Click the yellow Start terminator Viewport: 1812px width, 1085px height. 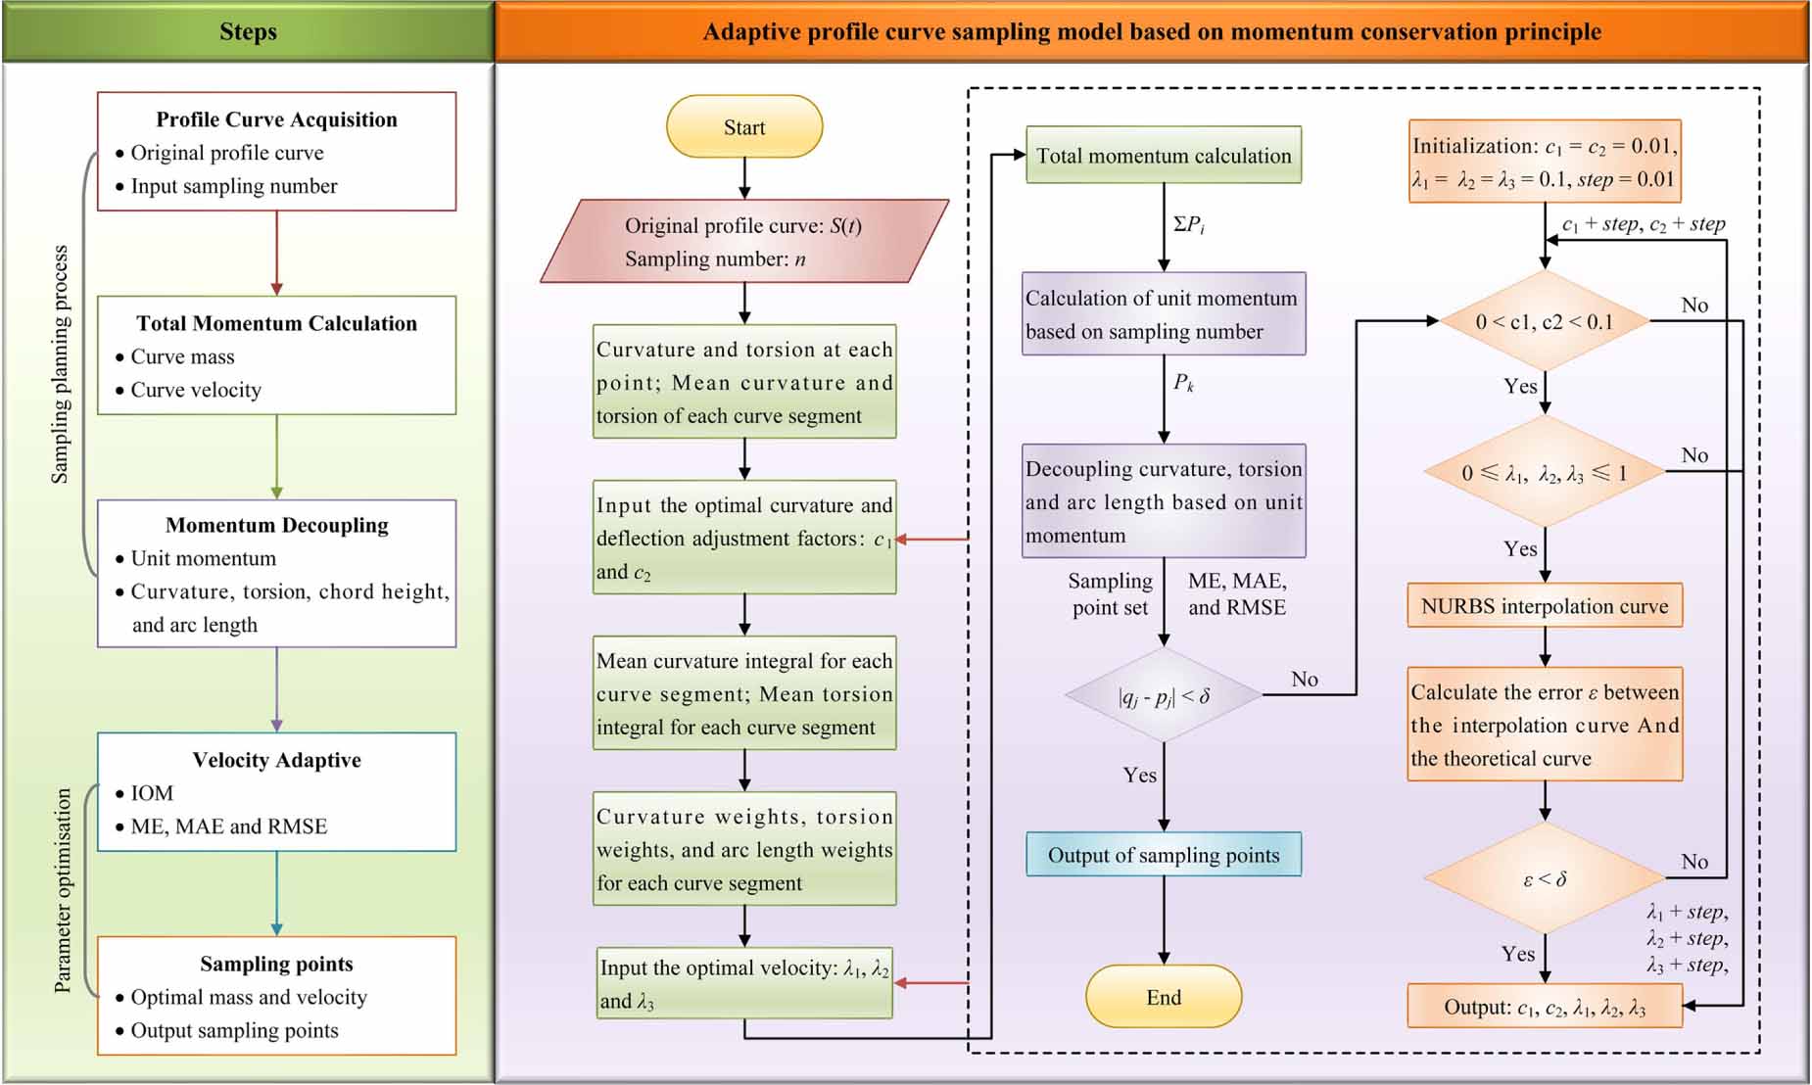744,127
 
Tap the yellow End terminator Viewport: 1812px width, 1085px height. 1164,997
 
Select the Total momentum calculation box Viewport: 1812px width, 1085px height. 1164,155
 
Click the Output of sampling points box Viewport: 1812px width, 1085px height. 1164,855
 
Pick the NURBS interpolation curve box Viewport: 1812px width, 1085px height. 1545,606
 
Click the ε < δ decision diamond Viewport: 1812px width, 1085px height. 1545,878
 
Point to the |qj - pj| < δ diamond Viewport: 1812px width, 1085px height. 1164,695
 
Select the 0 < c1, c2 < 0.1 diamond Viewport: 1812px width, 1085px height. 1545,321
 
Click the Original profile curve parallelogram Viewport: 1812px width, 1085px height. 744,242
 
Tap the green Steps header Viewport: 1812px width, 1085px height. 248,31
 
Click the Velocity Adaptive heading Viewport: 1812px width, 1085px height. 276,760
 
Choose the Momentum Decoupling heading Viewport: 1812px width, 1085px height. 276,525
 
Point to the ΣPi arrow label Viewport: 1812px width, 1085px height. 1189,224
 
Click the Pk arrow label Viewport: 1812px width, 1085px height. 1184,382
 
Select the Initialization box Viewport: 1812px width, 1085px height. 1545,162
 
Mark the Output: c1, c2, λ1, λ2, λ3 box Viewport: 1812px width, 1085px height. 1545,1007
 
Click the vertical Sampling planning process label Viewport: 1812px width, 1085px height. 60,364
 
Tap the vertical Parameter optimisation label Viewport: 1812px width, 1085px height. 63,890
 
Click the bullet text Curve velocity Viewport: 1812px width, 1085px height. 196,390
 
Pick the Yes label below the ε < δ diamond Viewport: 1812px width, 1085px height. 1518,953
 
